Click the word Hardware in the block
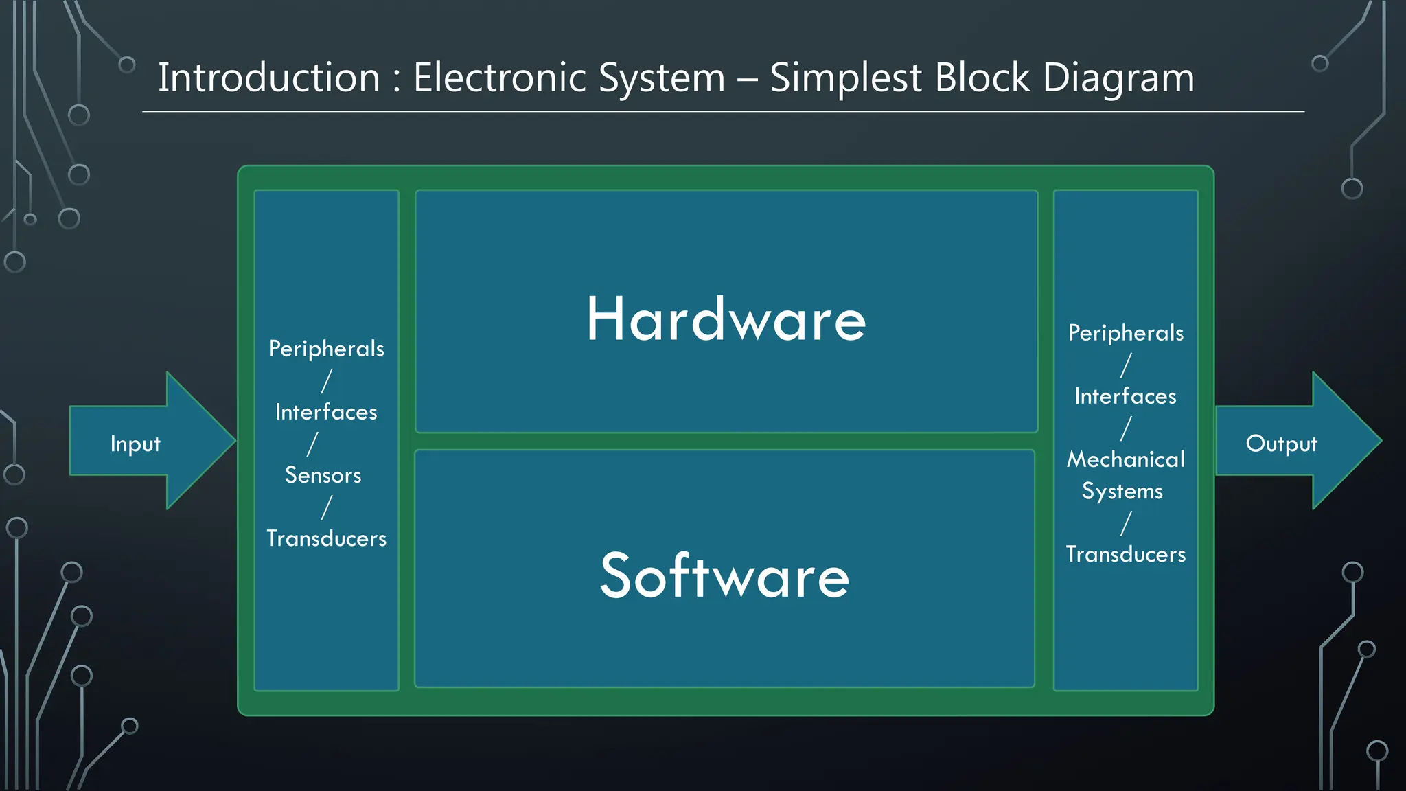pos(726,319)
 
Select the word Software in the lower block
pos(724,576)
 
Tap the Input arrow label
pos(135,444)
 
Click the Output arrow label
pos(1281,444)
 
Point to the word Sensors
pos(323,475)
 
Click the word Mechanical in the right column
pos(1125,459)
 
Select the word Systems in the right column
pos(1122,492)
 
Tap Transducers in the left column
pos(326,538)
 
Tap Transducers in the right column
pos(1125,554)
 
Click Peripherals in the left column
pos(326,349)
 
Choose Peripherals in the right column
pos(1125,333)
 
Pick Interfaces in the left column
pos(326,412)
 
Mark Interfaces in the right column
pos(1125,396)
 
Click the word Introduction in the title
pos(268,78)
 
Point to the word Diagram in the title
pos(1118,78)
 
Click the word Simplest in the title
pos(845,78)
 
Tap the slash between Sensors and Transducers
pos(327,507)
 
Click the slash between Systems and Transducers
pos(1126,523)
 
